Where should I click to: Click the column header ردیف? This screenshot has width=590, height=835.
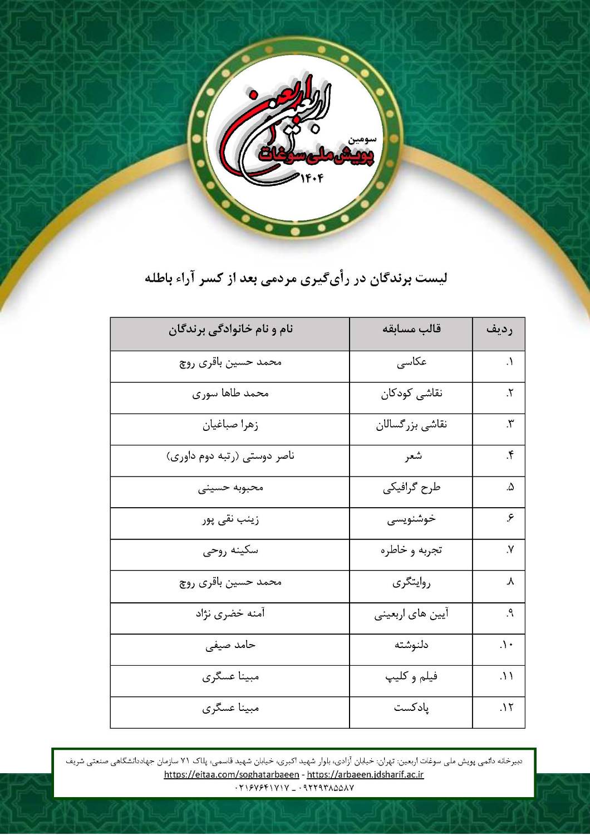point(499,330)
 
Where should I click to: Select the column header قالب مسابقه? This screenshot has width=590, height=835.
point(411,329)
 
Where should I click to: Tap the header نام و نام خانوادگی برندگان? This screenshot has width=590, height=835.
point(230,329)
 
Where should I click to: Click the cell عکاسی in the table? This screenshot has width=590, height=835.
point(411,362)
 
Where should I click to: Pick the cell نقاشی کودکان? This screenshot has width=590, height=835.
point(411,394)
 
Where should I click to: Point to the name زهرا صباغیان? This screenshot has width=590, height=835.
point(230,425)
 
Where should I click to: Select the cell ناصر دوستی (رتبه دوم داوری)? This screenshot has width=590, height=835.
point(230,456)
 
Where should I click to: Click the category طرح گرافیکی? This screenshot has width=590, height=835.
point(411,488)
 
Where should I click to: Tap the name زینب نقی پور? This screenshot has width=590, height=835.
point(230,520)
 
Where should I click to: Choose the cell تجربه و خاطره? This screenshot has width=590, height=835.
point(411,551)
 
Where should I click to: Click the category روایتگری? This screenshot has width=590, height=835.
point(411,583)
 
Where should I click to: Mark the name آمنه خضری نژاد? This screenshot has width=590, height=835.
point(230,614)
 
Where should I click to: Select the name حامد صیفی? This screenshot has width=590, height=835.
point(230,646)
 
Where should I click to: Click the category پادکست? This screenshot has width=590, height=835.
point(411,709)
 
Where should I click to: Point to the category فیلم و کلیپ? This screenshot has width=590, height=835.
point(411,677)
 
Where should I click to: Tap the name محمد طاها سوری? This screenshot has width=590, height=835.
point(230,394)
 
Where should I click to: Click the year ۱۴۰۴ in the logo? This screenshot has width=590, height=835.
point(311,178)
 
